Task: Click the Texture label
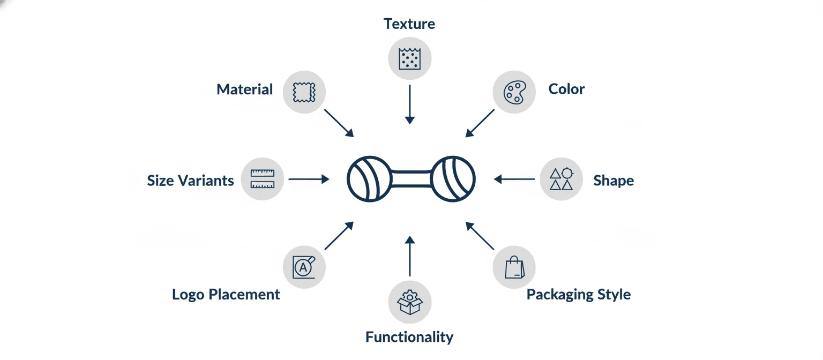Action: point(409,24)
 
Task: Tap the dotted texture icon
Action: point(410,58)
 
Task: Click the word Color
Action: point(566,89)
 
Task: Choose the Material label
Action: point(244,89)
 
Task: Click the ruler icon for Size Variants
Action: point(263,179)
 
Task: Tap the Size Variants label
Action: point(190,181)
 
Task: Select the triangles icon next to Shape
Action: point(561,179)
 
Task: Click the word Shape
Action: point(613,181)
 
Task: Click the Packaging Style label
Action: point(578,295)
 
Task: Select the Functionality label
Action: point(409,337)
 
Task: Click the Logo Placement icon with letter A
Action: point(303,267)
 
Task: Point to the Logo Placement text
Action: point(226,295)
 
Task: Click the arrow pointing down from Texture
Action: point(410,104)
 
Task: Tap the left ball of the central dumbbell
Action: point(370,179)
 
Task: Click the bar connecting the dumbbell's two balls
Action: point(411,179)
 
